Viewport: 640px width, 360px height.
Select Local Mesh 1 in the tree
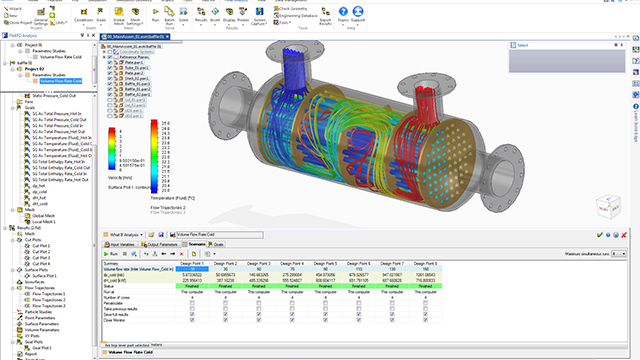pyautogui.click(x=46, y=219)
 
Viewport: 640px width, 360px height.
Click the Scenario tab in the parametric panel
pyautogui.click(x=196, y=243)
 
